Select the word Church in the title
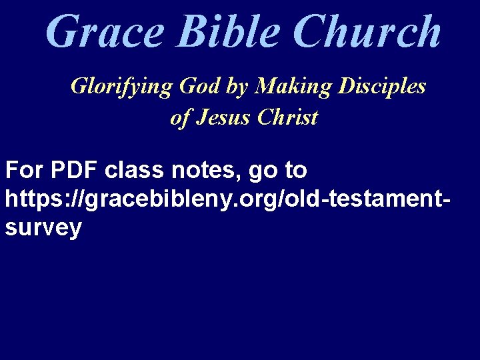tap(367, 31)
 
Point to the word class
tap(137, 171)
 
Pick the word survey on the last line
tap(43, 228)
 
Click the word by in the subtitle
tap(239, 87)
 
